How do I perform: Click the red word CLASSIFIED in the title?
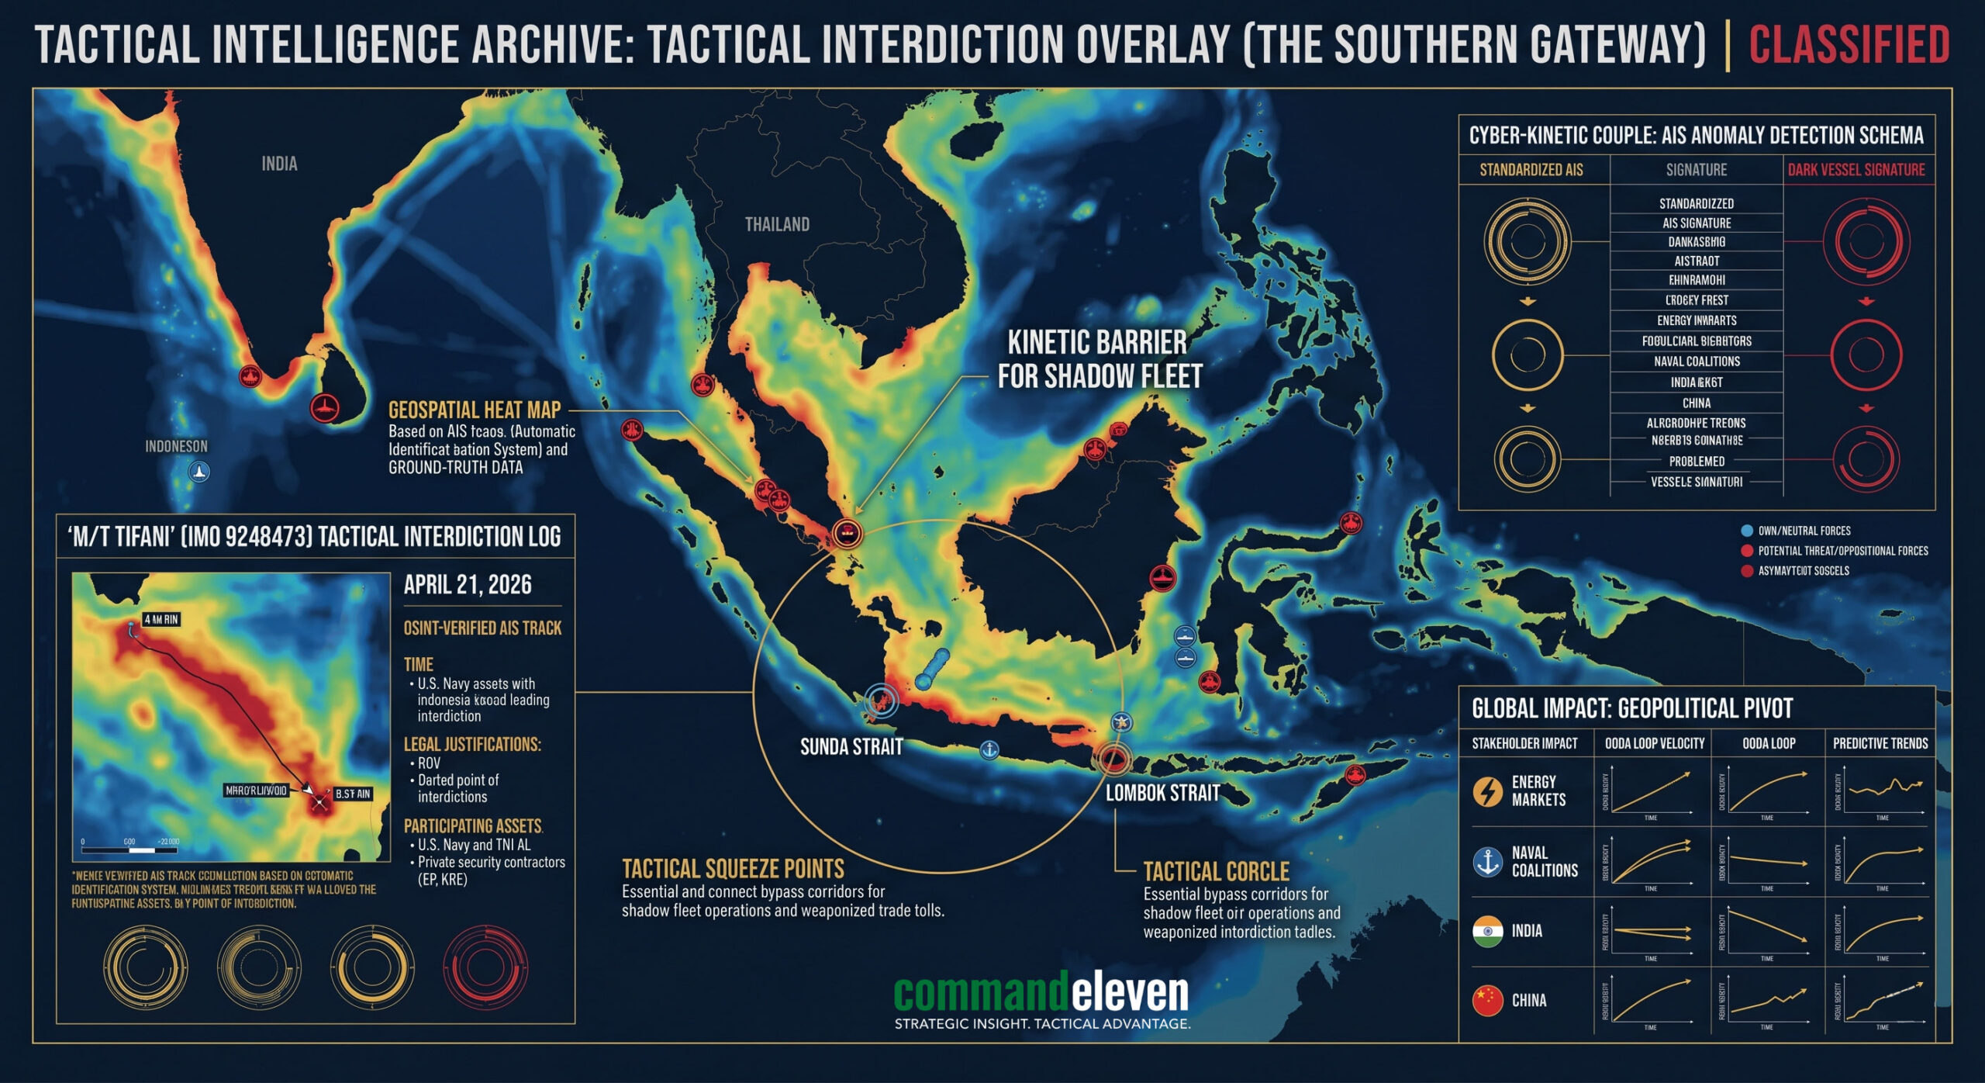coord(1849,45)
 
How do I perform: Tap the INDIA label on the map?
coord(279,164)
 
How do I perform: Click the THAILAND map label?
coord(777,224)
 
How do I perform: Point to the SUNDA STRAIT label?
coord(851,747)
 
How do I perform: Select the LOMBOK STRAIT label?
coord(1162,793)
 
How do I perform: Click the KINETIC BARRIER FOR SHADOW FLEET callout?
coord(1099,359)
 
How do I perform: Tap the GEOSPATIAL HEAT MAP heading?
coord(474,410)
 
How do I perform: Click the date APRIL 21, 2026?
coord(468,584)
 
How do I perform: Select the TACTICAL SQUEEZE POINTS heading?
coord(733,868)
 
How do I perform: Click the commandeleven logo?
coord(1041,993)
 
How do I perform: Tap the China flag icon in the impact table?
coord(1487,1000)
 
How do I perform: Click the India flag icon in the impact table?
coord(1487,931)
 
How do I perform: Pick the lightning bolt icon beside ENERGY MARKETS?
coord(1487,791)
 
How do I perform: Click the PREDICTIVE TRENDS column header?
coord(1880,743)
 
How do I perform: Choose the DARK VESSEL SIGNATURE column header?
coord(1856,170)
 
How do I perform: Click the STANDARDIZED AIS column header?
coord(1531,170)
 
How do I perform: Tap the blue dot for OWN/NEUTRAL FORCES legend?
coord(1746,531)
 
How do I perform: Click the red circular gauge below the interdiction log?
coord(485,967)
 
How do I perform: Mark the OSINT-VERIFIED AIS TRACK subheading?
coord(482,628)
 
